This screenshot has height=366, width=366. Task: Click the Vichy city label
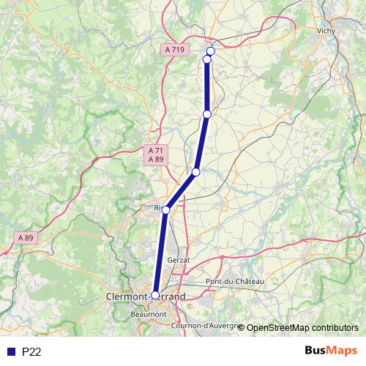click(326, 31)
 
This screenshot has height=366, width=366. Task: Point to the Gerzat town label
click(178, 260)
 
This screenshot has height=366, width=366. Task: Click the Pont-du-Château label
click(234, 281)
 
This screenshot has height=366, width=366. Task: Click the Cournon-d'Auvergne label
click(203, 325)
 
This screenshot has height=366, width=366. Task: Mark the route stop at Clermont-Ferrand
click(155, 295)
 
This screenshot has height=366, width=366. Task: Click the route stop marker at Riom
click(165, 210)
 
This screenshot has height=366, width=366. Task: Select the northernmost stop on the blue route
click(211, 51)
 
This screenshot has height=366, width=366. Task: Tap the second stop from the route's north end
click(206, 59)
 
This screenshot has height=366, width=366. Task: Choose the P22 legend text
click(31, 352)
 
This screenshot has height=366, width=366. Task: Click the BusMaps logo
click(330, 351)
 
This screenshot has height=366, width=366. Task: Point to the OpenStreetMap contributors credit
click(302, 328)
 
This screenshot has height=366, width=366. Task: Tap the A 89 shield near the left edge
click(26, 238)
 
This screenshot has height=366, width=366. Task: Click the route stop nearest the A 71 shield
click(195, 172)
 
